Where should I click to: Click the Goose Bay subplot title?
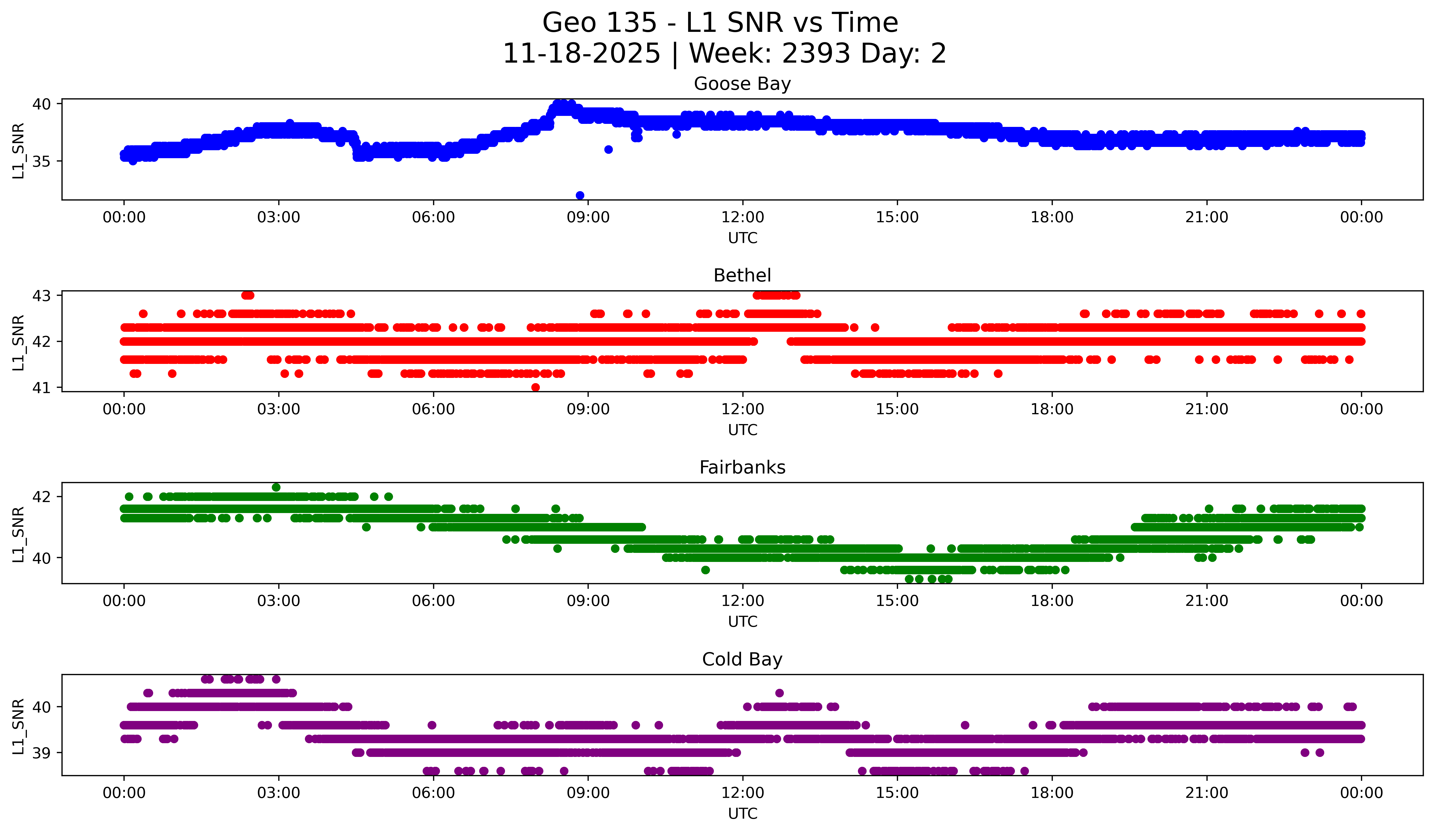coord(742,84)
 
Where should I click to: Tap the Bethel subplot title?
coord(742,275)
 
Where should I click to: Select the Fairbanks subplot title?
coord(742,467)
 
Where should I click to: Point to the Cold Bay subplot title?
coord(742,659)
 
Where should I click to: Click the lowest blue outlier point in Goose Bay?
coord(580,195)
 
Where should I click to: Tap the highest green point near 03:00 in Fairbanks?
coord(276,487)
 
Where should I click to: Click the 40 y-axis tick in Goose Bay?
coord(41,104)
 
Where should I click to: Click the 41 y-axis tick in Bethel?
coord(41,388)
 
